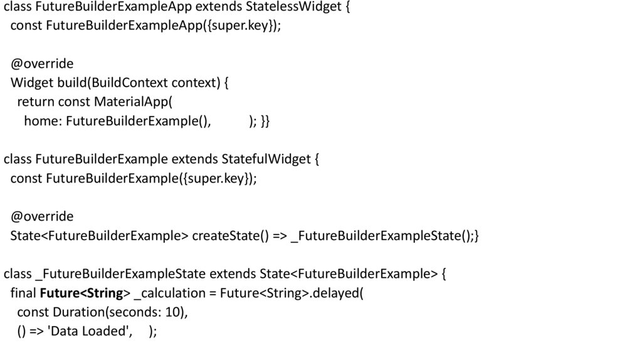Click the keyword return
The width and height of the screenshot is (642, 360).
click(x=36, y=102)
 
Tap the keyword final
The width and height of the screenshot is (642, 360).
click(x=23, y=294)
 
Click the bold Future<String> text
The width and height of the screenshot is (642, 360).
click(x=85, y=294)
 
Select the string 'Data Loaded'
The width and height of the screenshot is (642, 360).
click(x=90, y=332)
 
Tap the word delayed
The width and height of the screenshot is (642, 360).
click(x=339, y=294)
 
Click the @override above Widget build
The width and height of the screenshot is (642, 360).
click(x=42, y=64)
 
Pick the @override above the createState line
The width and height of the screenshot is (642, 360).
click(x=42, y=217)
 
